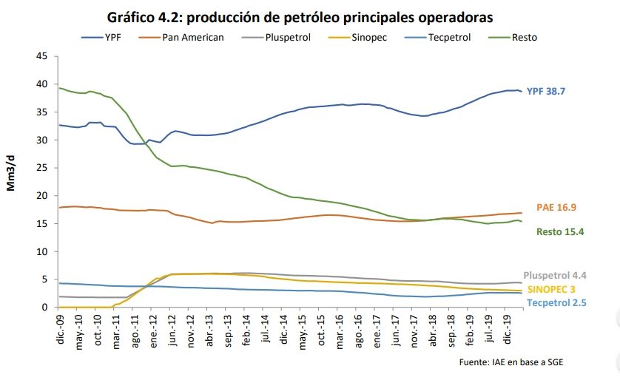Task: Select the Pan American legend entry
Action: [x=192, y=36]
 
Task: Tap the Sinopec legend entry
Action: [x=368, y=36]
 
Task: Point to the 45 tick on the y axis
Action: [x=43, y=56]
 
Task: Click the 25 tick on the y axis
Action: [x=43, y=168]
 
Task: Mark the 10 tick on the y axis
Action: [x=43, y=251]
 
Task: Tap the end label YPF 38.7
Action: [x=550, y=91]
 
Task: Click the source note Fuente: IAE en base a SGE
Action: [x=506, y=362]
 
